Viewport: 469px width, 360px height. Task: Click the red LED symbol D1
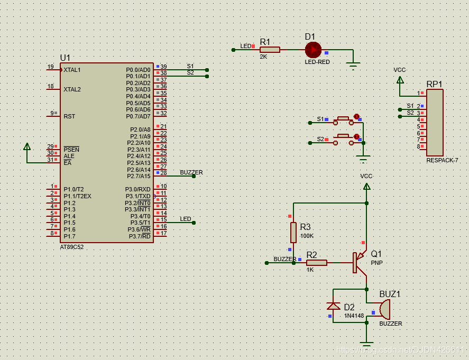click(x=312, y=50)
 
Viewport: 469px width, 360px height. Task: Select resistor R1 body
click(x=270, y=50)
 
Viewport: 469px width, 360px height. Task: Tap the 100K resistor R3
click(x=293, y=232)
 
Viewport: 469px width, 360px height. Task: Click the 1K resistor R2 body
click(x=317, y=262)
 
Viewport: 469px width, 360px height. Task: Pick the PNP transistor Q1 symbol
click(x=359, y=262)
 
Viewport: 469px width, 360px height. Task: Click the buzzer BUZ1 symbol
click(x=384, y=309)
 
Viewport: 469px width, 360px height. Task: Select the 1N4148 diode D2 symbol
click(x=334, y=306)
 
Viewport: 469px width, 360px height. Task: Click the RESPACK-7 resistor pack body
click(x=435, y=122)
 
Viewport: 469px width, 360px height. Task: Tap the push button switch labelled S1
click(x=343, y=119)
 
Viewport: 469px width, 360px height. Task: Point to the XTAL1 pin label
click(x=72, y=70)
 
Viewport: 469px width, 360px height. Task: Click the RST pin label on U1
click(x=69, y=116)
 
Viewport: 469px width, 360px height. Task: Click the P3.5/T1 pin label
click(x=140, y=223)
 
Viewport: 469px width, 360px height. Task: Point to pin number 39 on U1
click(x=164, y=67)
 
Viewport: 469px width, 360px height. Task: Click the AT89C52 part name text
click(x=72, y=247)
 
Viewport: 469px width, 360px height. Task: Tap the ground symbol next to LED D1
click(x=353, y=65)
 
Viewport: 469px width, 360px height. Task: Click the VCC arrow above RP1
click(x=400, y=80)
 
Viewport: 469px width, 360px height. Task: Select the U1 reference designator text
click(x=65, y=58)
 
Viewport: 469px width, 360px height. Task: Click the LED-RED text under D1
click(x=317, y=62)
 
